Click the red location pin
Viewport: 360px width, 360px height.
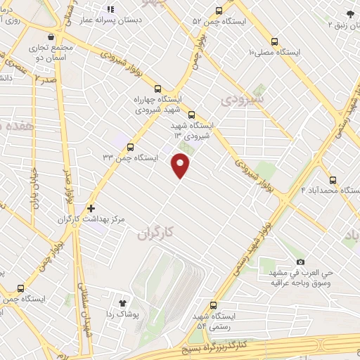pyautogui.click(x=181, y=165)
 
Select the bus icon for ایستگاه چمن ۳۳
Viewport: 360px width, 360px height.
pyautogui.click(x=130, y=146)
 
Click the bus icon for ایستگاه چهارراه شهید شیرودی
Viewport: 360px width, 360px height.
pyautogui.click(x=157, y=89)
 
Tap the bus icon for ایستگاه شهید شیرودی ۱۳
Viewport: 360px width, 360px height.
pyautogui.click(x=192, y=115)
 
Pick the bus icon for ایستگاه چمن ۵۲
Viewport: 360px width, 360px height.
pyautogui.click(x=219, y=11)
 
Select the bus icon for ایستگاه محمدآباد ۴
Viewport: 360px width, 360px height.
pyautogui.click(x=333, y=179)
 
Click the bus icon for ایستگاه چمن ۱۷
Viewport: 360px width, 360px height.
pyautogui.click(x=20, y=288)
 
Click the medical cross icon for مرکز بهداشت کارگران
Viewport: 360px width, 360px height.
pyautogui.click(x=91, y=209)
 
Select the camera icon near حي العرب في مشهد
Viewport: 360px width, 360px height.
pyautogui.click(x=300, y=262)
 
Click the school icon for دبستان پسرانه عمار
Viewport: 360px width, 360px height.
pyautogui.click(x=110, y=10)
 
